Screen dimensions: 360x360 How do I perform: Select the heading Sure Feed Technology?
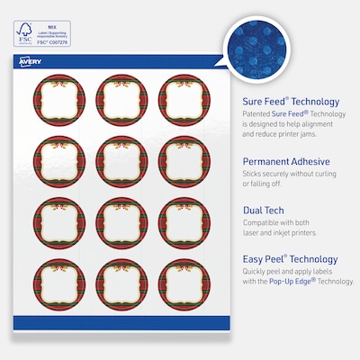coord(290,102)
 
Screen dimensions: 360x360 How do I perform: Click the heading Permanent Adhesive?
coord(285,162)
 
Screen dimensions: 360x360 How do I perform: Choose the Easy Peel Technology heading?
coord(290,259)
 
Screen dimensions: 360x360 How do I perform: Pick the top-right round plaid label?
coord(183,100)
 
